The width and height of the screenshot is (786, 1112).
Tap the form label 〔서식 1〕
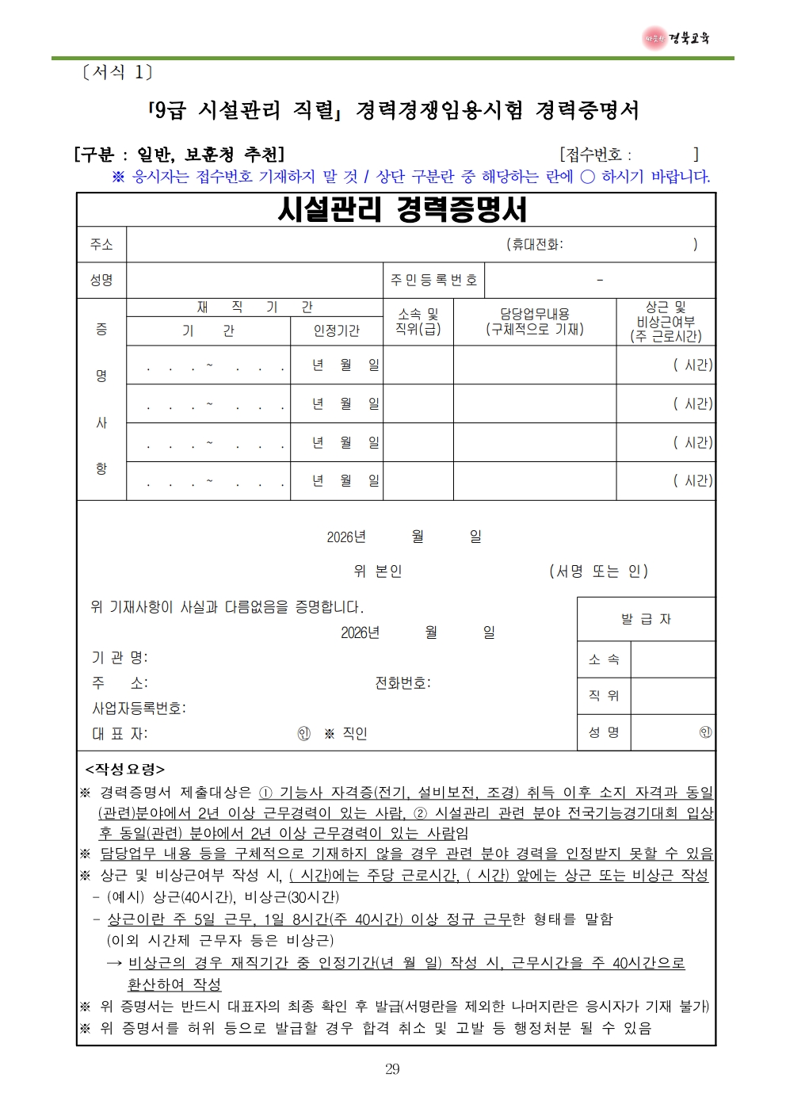point(117,72)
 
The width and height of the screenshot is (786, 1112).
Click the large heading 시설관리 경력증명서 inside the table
point(402,209)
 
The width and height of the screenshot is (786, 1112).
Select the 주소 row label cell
point(101,244)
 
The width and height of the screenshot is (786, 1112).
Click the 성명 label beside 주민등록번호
point(101,280)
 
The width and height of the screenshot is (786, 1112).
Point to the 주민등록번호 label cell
point(433,280)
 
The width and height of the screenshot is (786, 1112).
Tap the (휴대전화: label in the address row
point(535,244)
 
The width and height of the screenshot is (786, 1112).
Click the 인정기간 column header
point(336,331)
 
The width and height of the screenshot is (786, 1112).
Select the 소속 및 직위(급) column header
point(418,322)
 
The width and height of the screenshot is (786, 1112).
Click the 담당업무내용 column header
point(534,322)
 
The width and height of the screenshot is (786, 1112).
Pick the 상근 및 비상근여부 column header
point(666,322)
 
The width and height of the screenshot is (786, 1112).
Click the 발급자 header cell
point(646,619)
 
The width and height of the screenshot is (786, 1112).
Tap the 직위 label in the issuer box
point(604,695)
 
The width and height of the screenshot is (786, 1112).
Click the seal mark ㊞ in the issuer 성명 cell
point(705,732)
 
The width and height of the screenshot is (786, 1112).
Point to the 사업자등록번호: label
point(139,708)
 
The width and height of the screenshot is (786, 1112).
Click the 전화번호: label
point(403,682)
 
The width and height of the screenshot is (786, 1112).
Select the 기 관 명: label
point(120,657)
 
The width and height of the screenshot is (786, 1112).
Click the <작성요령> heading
point(125,769)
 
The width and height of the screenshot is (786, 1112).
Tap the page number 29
point(392,1069)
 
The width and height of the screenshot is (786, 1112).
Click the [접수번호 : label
point(596,155)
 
